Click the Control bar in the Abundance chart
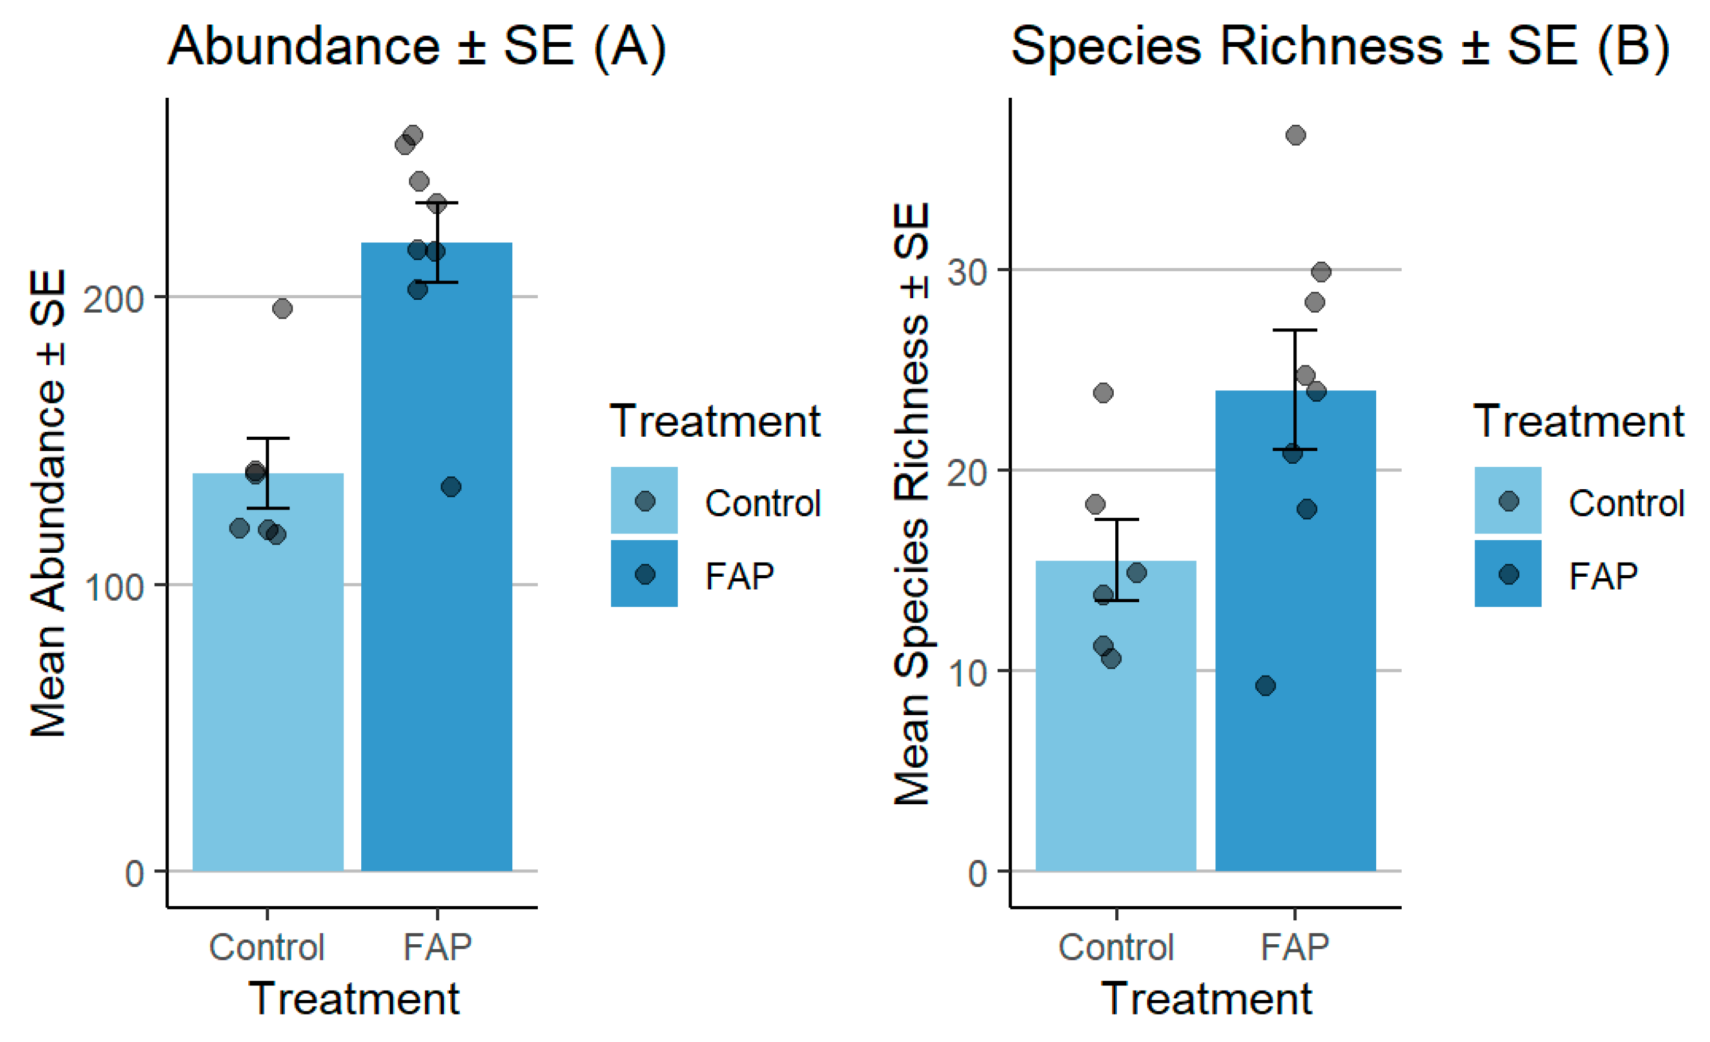tap(268, 694)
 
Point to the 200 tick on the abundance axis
tap(112, 298)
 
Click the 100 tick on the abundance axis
tap(112, 586)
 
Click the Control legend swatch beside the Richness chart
tap(1508, 500)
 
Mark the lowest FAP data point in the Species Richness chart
tap(1265, 686)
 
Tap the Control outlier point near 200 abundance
tap(282, 308)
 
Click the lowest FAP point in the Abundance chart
tap(451, 487)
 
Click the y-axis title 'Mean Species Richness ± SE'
tap(911, 503)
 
